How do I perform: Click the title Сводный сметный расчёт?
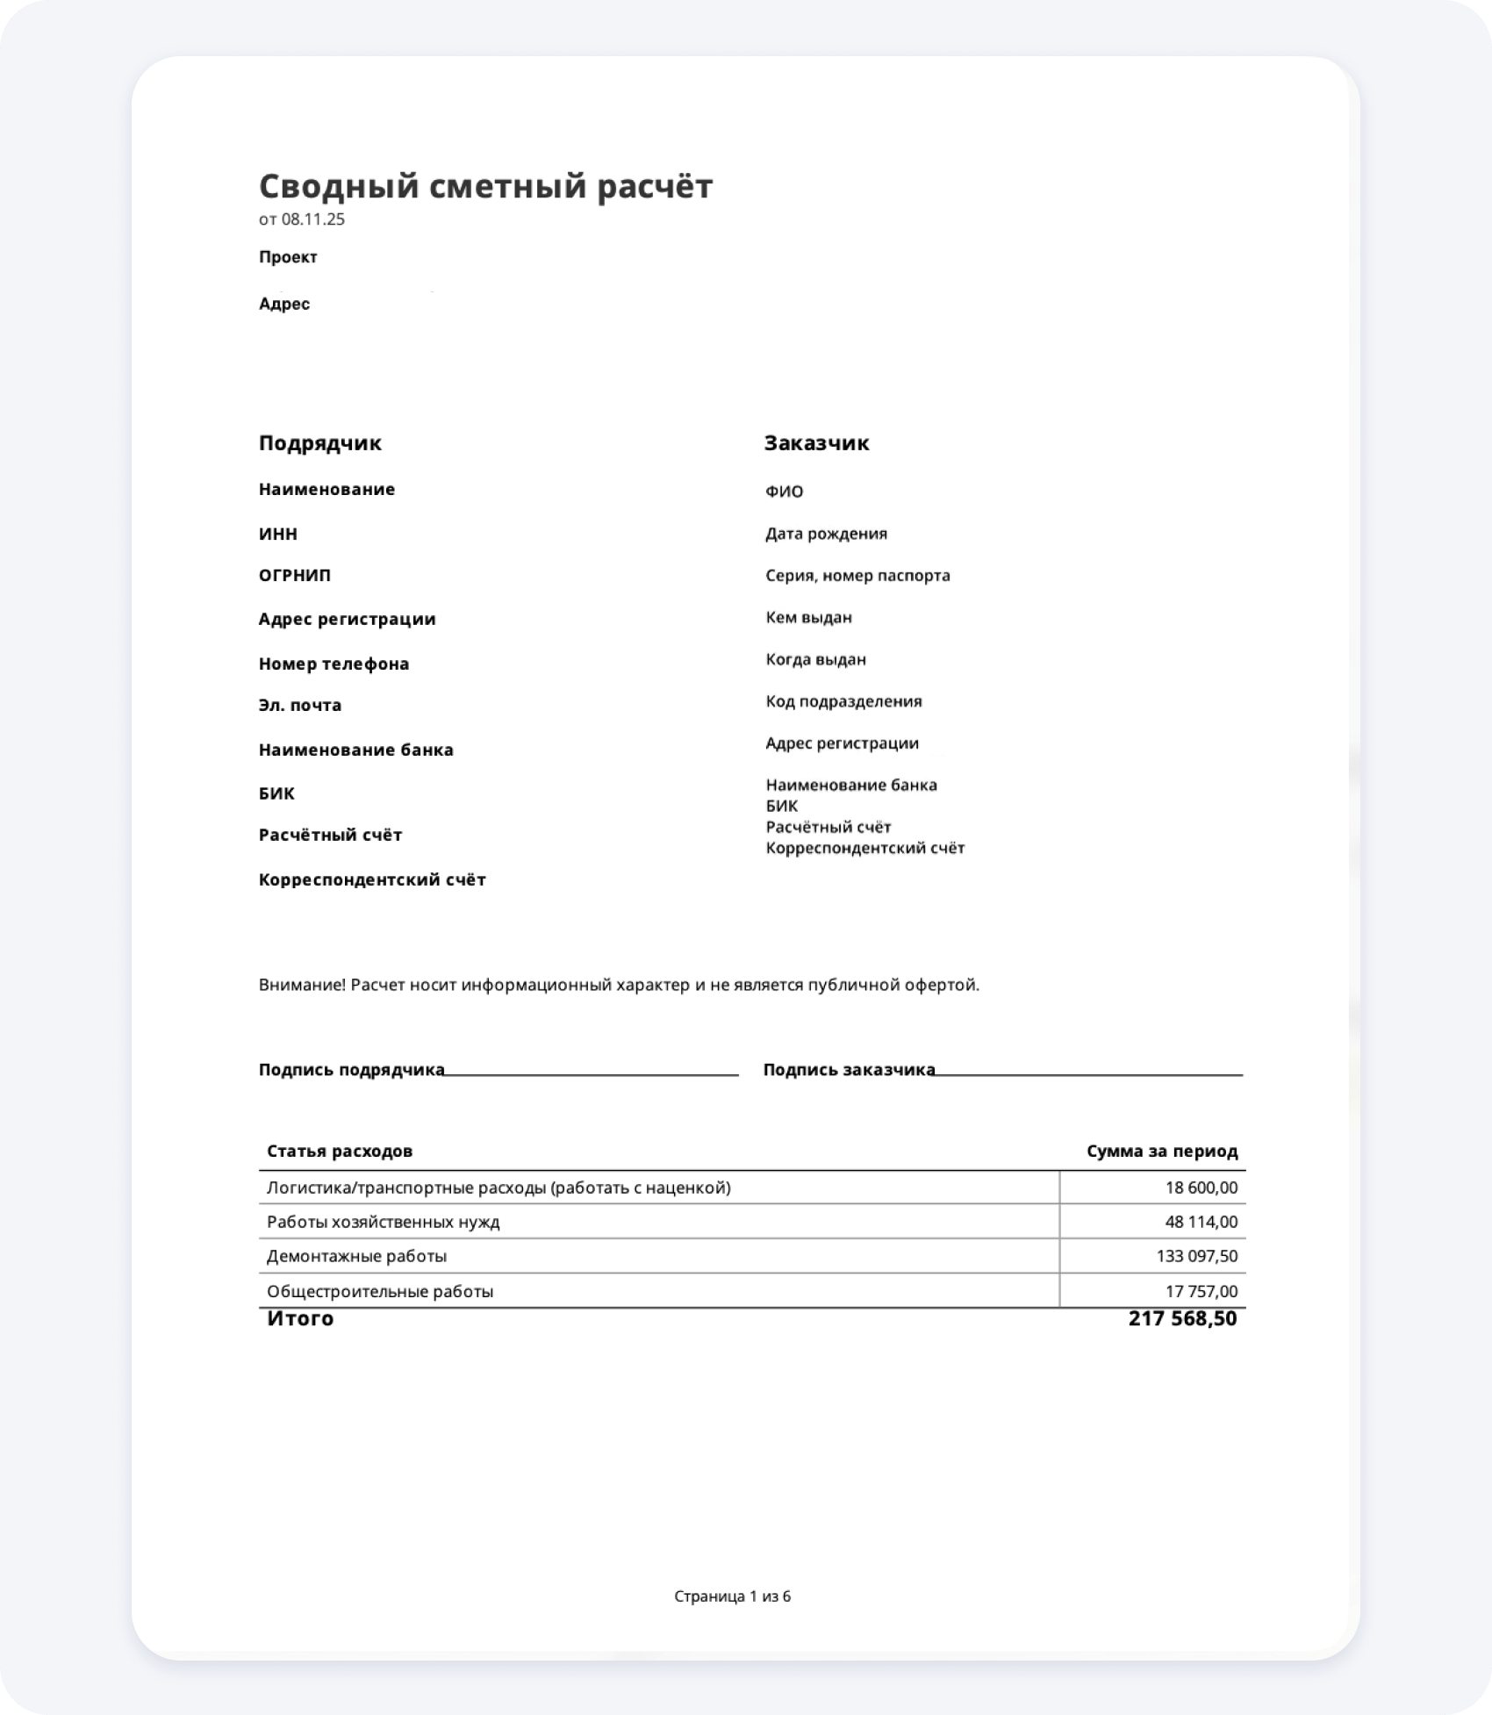tap(485, 186)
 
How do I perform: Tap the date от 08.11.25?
tap(301, 219)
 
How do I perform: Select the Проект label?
tap(288, 257)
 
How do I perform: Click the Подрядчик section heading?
tap(319, 443)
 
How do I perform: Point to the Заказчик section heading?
tap(816, 443)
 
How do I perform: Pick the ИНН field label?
tap(277, 534)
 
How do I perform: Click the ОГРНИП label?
tap(295, 576)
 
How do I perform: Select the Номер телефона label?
tap(334, 664)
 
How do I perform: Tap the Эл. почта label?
tap(300, 705)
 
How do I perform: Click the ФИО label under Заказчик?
tap(784, 492)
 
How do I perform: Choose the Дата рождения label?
tap(826, 534)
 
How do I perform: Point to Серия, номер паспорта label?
tap(857, 576)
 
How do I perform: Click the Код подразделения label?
tap(843, 701)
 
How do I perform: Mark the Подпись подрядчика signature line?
tap(591, 1073)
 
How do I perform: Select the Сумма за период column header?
tap(1161, 1151)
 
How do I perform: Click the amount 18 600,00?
tap(1201, 1188)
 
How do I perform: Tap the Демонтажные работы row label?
tap(356, 1256)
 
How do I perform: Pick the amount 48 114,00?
tap(1201, 1222)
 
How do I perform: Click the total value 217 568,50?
tap(1182, 1319)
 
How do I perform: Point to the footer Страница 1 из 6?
tap(732, 1597)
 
